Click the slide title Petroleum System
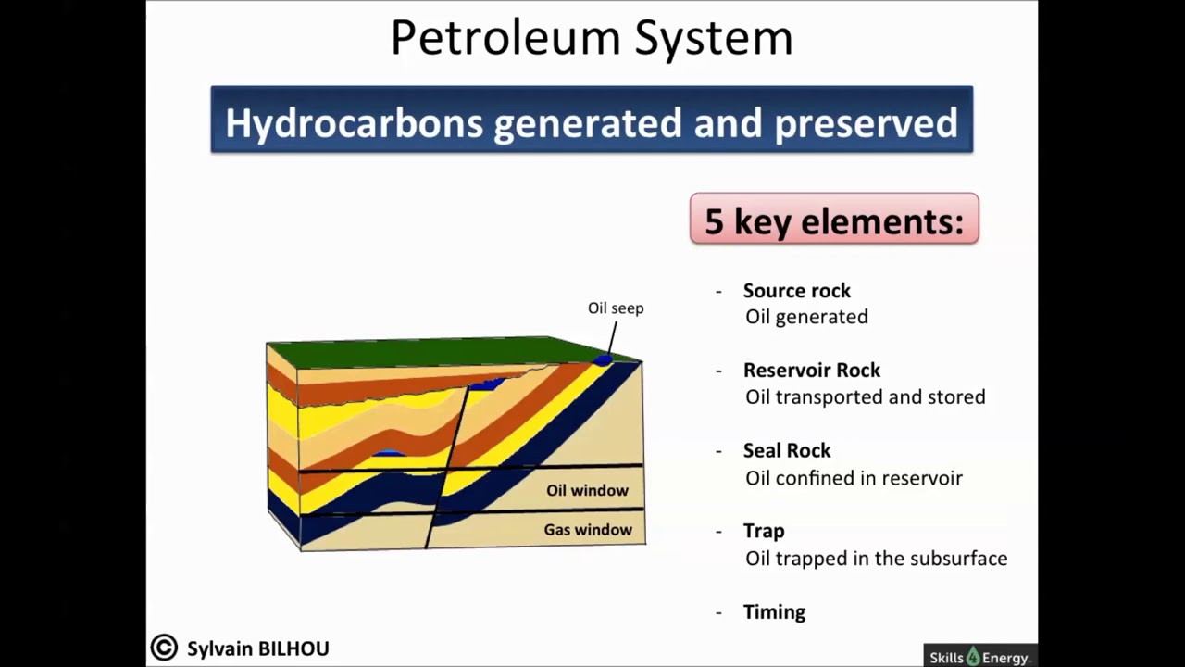pyautogui.click(x=591, y=39)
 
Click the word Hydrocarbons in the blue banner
pyautogui.click(x=355, y=122)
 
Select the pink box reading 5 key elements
pyautogui.click(x=833, y=220)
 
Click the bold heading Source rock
pyautogui.click(x=796, y=291)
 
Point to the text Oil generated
pyautogui.click(x=806, y=317)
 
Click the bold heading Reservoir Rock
pyautogui.click(x=811, y=371)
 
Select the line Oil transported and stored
pyautogui.click(x=865, y=397)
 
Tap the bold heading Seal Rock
pyautogui.click(x=786, y=451)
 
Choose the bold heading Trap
pyautogui.click(x=763, y=531)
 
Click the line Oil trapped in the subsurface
pyautogui.click(x=876, y=559)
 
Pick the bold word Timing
pyautogui.click(x=774, y=612)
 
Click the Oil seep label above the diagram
pyautogui.click(x=615, y=308)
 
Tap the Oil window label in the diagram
pyautogui.click(x=587, y=491)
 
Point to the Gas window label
pyautogui.click(x=587, y=530)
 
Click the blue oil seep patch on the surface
pyautogui.click(x=603, y=360)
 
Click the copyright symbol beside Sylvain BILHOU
pyautogui.click(x=164, y=648)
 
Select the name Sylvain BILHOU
pyautogui.click(x=257, y=649)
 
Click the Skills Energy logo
pyautogui.click(x=979, y=657)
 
